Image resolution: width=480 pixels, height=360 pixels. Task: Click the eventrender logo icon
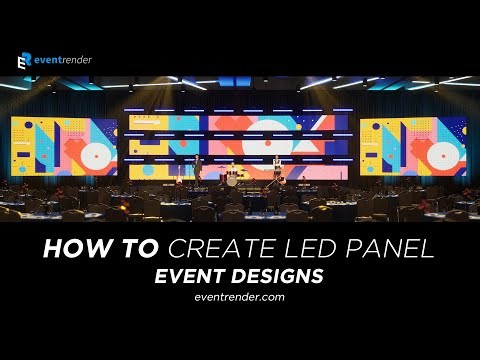pyautogui.click(x=23, y=61)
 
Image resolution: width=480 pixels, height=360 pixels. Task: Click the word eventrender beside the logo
pyautogui.click(x=63, y=60)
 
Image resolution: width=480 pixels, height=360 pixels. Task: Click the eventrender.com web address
pyautogui.click(x=240, y=297)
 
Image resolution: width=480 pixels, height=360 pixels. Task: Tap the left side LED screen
pyautogui.click(x=63, y=146)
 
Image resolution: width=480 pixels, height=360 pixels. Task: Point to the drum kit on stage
pyautogui.click(x=234, y=180)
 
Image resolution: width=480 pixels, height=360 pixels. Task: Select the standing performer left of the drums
pyautogui.click(x=199, y=167)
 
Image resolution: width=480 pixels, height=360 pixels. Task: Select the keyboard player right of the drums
pyautogui.click(x=272, y=168)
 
